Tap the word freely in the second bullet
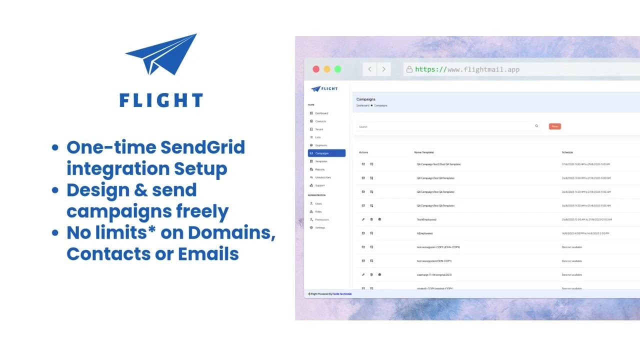(202, 211)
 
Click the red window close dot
(316, 69)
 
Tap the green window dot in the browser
(338, 69)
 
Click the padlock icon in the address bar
(409, 69)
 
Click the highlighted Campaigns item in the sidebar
(326, 153)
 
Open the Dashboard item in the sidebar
(321, 113)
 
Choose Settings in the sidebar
(319, 227)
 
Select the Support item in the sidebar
(319, 185)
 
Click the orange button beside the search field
(554, 126)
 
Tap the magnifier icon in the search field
(537, 126)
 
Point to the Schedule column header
(567, 152)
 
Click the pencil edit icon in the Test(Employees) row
(363, 219)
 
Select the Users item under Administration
(318, 203)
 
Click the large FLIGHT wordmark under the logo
(161, 100)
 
